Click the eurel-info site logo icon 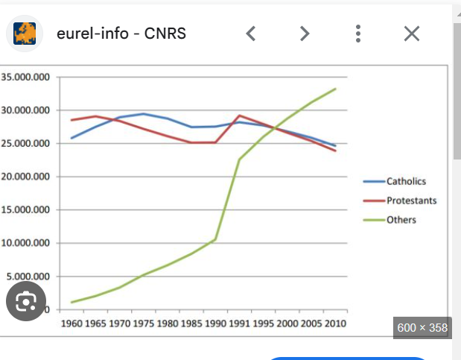click(x=26, y=34)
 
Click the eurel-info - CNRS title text click(x=121, y=34)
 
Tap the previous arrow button click(x=251, y=34)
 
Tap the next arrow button click(x=304, y=34)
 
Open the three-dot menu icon click(x=358, y=34)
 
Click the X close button click(x=412, y=34)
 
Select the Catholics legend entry click(x=406, y=181)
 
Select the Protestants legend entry click(x=411, y=200)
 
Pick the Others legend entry click(x=401, y=220)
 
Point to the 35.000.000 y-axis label click(x=25, y=78)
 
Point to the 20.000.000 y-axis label click(x=25, y=177)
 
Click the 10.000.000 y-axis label click(x=25, y=243)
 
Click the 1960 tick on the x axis click(x=72, y=323)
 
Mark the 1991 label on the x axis click(x=239, y=323)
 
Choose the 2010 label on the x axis click(x=334, y=323)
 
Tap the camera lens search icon click(x=26, y=301)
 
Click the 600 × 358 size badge click(x=422, y=327)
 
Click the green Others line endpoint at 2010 click(x=335, y=89)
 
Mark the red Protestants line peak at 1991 click(x=239, y=116)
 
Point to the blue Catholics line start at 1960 click(x=72, y=138)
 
